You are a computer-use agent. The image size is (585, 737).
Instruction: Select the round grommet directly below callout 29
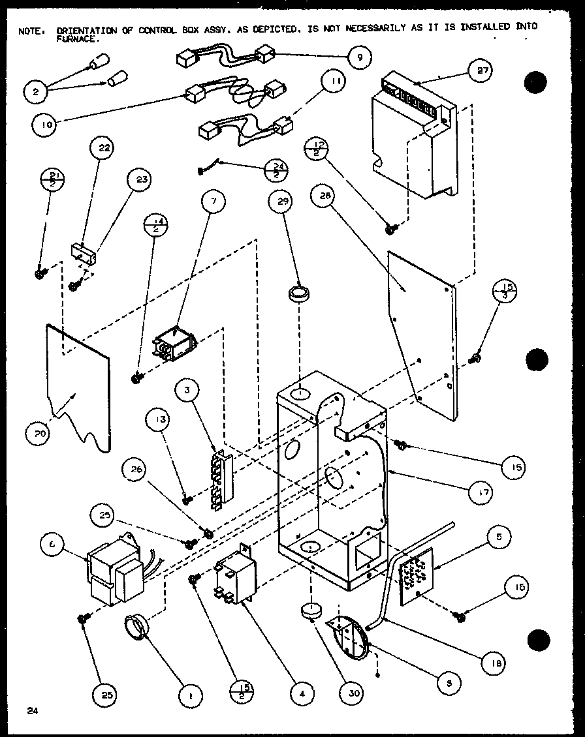click(x=300, y=293)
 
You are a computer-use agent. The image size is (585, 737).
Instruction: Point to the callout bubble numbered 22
click(x=104, y=148)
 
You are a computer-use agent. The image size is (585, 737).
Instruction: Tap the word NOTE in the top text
click(x=29, y=29)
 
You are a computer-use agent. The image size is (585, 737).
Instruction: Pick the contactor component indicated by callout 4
click(x=234, y=575)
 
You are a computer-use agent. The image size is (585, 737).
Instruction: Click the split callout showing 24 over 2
click(x=277, y=171)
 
